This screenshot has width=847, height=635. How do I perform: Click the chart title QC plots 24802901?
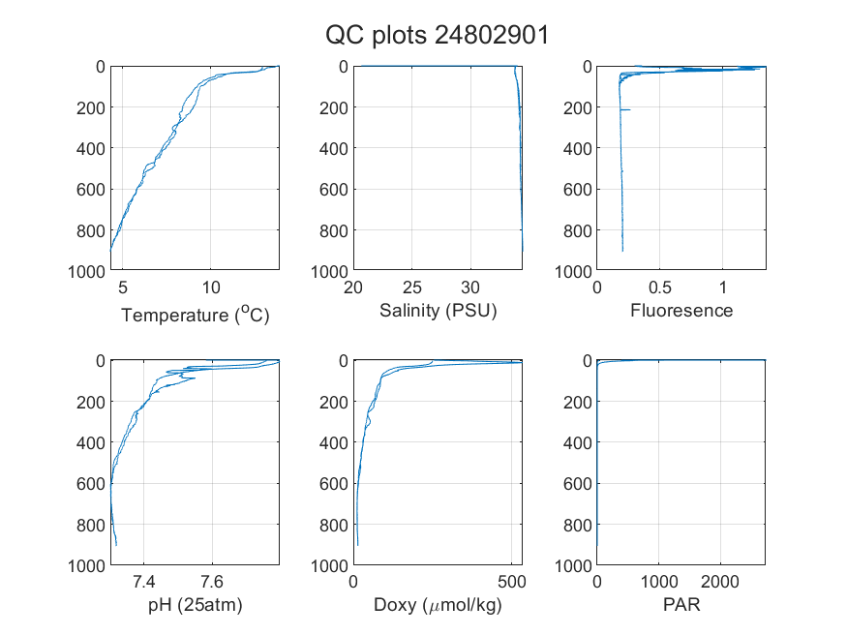coord(437,36)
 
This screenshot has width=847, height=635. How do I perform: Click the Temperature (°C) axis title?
coord(195,315)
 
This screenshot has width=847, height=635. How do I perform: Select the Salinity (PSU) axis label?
coord(439,311)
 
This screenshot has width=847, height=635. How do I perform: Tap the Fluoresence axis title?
coord(681,311)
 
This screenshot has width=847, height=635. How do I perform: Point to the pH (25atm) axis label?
coord(195,605)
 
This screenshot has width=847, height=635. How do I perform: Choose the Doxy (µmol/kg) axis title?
coord(438,605)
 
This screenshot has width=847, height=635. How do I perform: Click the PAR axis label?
coord(681,604)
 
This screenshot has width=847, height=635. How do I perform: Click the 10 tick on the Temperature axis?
coord(211,287)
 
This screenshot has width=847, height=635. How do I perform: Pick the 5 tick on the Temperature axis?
coord(123,287)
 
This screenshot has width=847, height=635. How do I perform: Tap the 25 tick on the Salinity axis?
coord(411,287)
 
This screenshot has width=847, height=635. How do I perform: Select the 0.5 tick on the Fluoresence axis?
coord(659,287)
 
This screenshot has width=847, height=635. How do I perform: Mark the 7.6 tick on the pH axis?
coord(212,582)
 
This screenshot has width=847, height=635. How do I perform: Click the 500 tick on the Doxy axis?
coord(511,582)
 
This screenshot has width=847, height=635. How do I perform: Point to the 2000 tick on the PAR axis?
coord(719,582)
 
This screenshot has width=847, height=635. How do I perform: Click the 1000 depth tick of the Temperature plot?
coord(86,272)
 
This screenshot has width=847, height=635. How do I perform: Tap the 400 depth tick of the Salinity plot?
coord(334,148)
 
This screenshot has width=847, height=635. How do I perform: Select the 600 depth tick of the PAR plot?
coord(578,484)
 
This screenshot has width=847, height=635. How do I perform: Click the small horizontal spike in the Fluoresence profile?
coord(625,110)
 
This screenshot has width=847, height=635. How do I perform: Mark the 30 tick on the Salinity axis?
coord(470,287)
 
